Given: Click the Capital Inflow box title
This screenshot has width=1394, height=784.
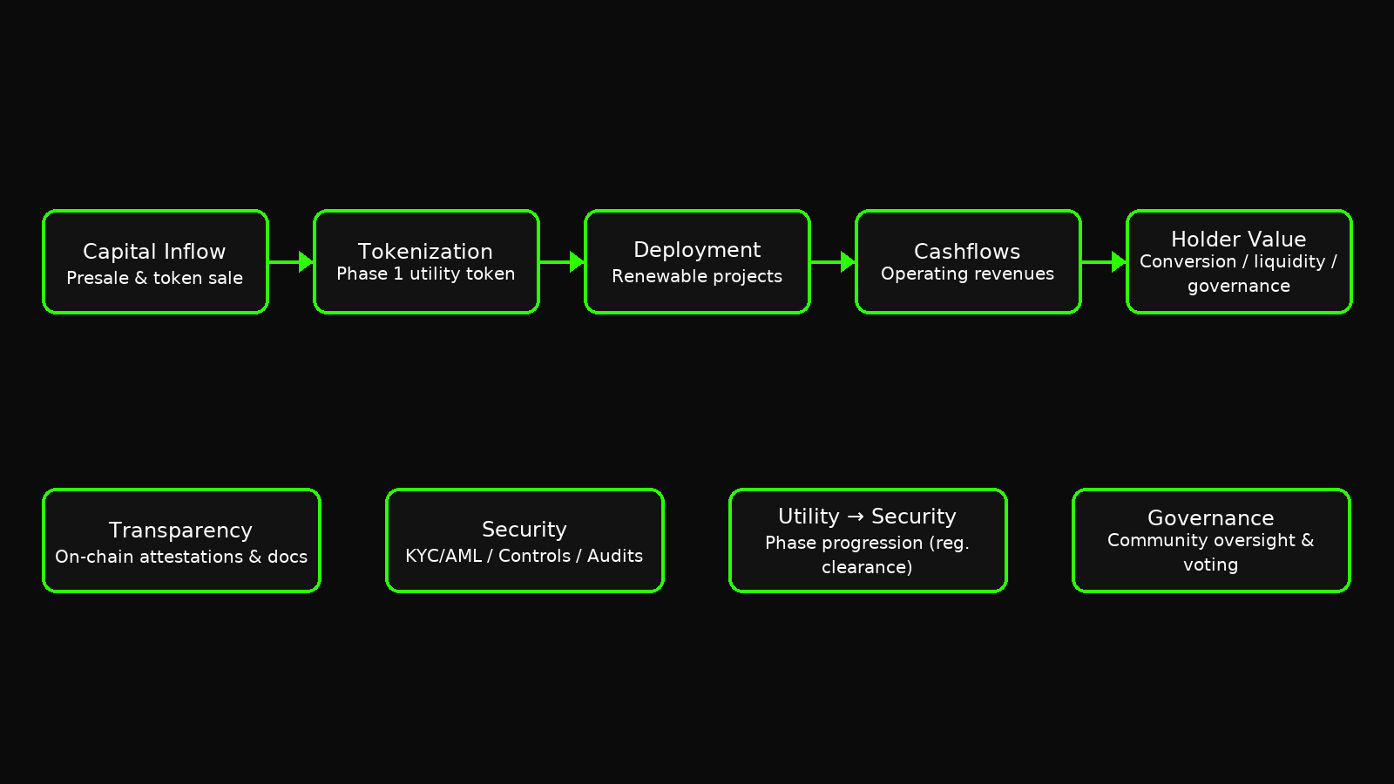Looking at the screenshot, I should pos(154,252).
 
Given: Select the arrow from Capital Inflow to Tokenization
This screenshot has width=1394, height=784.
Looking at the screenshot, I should pos(291,261).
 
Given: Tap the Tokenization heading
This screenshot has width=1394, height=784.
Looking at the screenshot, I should pos(425,252).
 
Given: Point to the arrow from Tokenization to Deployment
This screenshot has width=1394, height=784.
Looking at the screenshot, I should pos(562,261).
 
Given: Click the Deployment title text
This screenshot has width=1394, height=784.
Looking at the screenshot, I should pos(697,250).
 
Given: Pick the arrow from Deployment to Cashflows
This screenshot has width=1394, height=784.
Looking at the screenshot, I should pos(833,261).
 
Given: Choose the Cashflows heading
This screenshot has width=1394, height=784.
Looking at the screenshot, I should pos(967,252).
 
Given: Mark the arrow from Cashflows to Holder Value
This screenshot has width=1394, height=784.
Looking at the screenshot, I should pos(1104,261).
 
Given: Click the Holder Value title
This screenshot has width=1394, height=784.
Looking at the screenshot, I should pos(1238,240).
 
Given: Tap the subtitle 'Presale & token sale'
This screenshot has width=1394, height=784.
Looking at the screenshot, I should pos(154,278).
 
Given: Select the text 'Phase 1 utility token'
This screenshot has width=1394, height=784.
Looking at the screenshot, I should pos(425,274).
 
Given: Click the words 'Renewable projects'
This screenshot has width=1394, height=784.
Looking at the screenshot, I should pos(697,276).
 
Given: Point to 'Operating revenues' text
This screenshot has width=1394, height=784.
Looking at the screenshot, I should pos(967,274).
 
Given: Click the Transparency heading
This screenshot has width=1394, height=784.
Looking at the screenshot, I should pos(180,531).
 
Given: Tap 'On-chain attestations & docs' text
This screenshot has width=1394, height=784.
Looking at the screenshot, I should pos(181,557).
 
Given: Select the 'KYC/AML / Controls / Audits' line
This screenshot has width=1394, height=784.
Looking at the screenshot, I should pos(524,556).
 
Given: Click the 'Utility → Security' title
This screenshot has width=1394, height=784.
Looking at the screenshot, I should pos(867,517).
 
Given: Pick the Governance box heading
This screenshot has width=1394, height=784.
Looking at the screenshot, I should pos(1210,518).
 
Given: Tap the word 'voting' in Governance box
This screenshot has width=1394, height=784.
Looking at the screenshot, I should pos(1210,565).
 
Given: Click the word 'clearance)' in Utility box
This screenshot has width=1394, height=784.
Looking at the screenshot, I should pos(867,567).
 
